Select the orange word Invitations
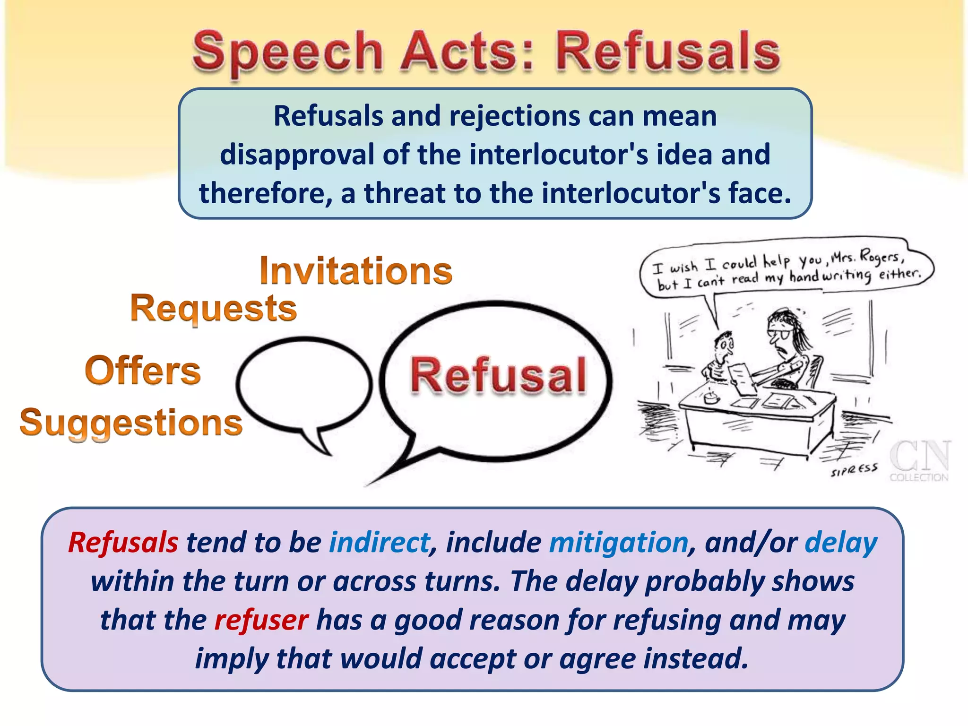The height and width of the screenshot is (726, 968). pyautogui.click(x=356, y=270)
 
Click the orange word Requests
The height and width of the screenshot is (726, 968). pyautogui.click(x=214, y=308)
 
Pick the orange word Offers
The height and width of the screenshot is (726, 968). pyautogui.click(x=143, y=371)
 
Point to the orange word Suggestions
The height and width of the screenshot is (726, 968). pyautogui.click(x=131, y=422)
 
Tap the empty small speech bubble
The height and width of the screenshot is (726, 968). pyautogui.click(x=303, y=384)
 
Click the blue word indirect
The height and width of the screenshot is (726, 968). pyautogui.click(x=380, y=542)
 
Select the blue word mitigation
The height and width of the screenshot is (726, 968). pyautogui.click(x=618, y=542)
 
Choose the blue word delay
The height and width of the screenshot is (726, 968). pyautogui.click(x=841, y=542)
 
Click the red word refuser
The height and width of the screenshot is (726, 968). pyautogui.click(x=261, y=620)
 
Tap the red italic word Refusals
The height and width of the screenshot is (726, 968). pyautogui.click(x=123, y=542)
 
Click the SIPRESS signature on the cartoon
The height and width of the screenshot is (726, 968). pyautogui.click(x=854, y=470)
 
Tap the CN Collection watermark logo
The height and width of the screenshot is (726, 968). pyautogui.click(x=919, y=461)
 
